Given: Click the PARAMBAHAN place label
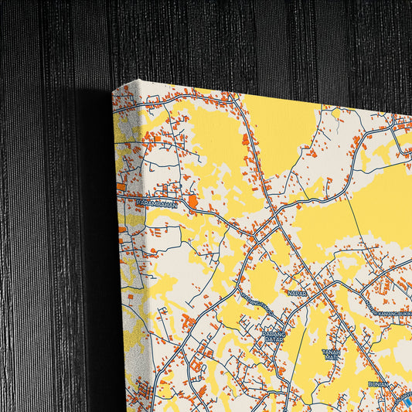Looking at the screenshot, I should pos(157,204).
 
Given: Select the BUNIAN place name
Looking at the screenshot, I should pos(379,384).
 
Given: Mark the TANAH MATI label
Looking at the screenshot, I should pos(332,355).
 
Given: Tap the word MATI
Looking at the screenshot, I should pos(332,359).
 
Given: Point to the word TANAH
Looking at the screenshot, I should pos(332,351).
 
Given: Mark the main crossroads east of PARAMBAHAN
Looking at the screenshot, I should pos(271,220).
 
